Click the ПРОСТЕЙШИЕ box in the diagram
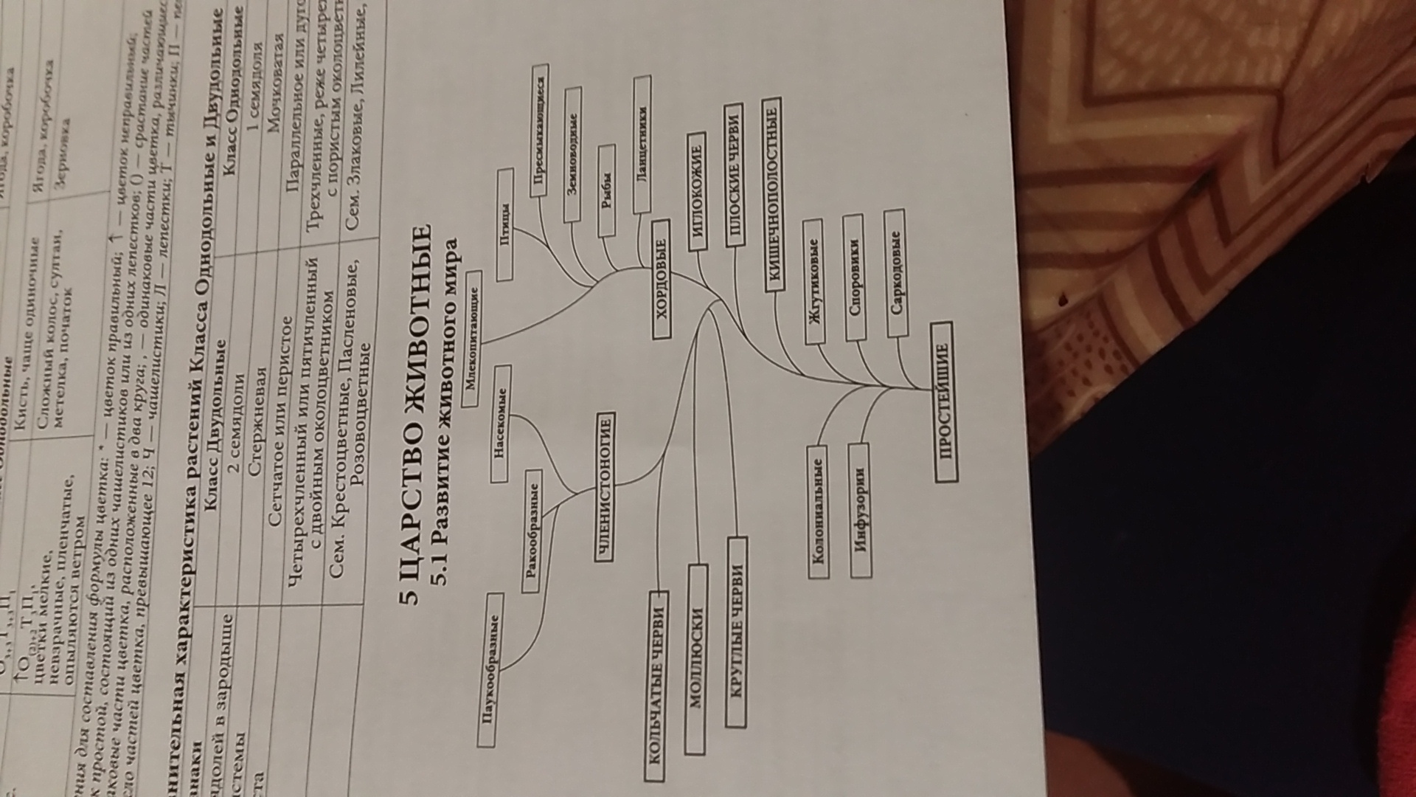pos(943,402)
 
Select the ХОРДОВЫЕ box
pos(662,278)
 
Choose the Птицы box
pos(505,224)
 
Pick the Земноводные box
pos(572,155)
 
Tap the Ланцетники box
pos(642,145)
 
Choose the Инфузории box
pos(859,510)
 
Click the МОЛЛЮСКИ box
pos(695,658)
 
